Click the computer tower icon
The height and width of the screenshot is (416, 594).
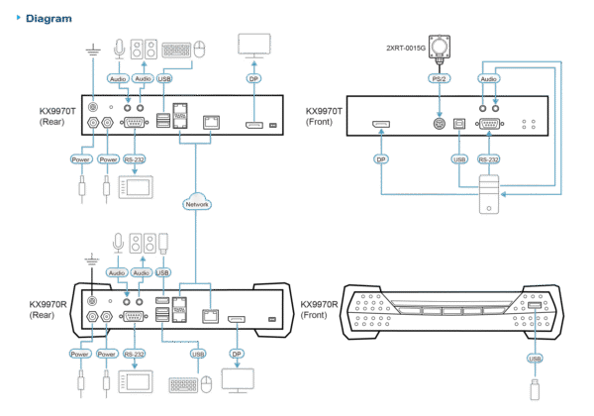click(487, 194)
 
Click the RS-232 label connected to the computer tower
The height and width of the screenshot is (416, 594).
click(487, 156)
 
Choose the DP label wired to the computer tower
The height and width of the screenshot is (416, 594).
click(379, 156)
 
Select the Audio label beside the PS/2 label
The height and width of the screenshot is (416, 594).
click(488, 76)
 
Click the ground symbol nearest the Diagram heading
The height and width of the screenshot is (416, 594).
click(92, 46)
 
